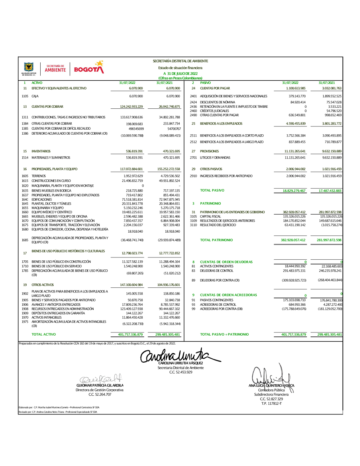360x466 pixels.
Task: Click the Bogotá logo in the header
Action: pos(89,68)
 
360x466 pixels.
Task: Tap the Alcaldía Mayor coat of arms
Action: pos(29,67)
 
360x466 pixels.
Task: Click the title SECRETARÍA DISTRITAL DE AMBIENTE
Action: pos(180,61)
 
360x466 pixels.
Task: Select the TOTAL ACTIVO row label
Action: pos(44,335)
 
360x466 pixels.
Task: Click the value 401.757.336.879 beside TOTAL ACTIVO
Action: pos(130,335)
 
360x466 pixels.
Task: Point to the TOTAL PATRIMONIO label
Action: pos(216,240)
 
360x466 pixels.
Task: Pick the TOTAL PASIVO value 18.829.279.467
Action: pos(294,191)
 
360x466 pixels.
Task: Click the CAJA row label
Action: pos(35,97)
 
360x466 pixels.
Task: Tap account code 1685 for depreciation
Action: pos(25,240)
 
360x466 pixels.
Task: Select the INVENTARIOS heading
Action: pos(41,152)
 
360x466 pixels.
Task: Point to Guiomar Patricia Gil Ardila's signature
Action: pos(101,379)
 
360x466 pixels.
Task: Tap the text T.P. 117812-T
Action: pos(271,404)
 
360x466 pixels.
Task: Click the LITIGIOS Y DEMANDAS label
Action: pos(215,158)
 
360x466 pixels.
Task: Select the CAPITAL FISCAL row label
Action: pos(211,217)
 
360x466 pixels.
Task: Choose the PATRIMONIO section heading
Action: pos(211,204)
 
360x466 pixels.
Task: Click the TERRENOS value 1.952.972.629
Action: pos(133,176)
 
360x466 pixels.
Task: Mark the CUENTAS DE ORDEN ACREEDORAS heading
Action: pos(229,295)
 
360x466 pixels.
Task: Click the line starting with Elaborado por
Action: pos(59,408)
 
